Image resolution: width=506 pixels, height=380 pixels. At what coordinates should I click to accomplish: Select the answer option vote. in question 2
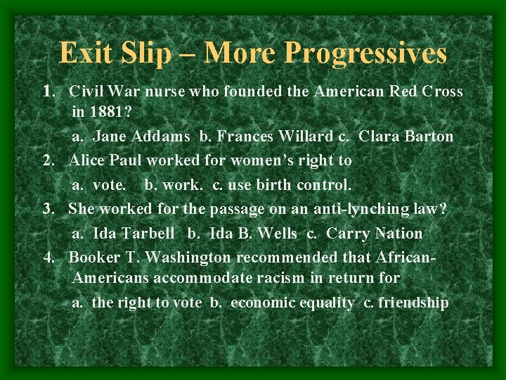pos(110,185)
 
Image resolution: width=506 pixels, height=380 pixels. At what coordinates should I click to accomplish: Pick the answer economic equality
pos(292,303)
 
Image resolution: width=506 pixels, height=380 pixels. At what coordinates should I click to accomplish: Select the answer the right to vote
pos(147,303)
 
